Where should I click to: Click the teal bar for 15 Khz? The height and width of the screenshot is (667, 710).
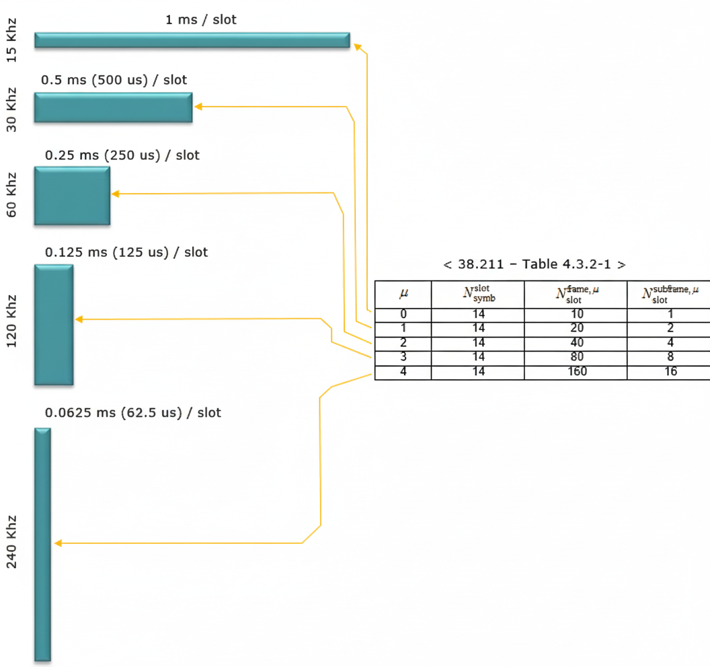click(x=192, y=40)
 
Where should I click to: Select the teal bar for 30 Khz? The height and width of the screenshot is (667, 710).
click(x=113, y=108)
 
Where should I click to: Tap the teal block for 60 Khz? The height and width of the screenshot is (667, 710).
click(x=72, y=196)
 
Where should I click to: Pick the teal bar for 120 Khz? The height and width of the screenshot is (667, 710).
click(x=54, y=325)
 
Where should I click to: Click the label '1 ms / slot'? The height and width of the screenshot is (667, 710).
click(x=201, y=19)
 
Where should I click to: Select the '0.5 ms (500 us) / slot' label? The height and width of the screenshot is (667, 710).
click(x=114, y=80)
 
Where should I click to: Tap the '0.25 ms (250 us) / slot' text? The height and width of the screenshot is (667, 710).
click(x=122, y=155)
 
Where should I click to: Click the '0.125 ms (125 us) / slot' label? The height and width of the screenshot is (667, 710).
click(x=126, y=252)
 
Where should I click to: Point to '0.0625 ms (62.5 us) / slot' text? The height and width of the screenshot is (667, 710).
click(x=132, y=412)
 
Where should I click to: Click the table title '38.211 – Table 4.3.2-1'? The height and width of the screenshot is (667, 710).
click(x=535, y=264)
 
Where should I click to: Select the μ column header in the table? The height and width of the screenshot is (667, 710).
click(x=403, y=293)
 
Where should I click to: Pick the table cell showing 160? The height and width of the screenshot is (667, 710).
click(x=576, y=372)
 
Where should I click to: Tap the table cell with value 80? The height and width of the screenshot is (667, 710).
click(x=576, y=357)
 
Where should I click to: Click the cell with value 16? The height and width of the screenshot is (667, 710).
click(x=670, y=372)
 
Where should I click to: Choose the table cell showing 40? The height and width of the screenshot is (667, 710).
click(x=576, y=343)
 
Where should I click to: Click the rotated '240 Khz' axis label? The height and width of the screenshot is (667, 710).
click(x=12, y=543)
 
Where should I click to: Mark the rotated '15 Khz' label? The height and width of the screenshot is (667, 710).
click(x=12, y=40)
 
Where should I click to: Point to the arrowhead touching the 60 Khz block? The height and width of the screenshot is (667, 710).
click(x=115, y=194)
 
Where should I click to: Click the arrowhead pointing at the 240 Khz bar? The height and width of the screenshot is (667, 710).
click(x=58, y=543)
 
